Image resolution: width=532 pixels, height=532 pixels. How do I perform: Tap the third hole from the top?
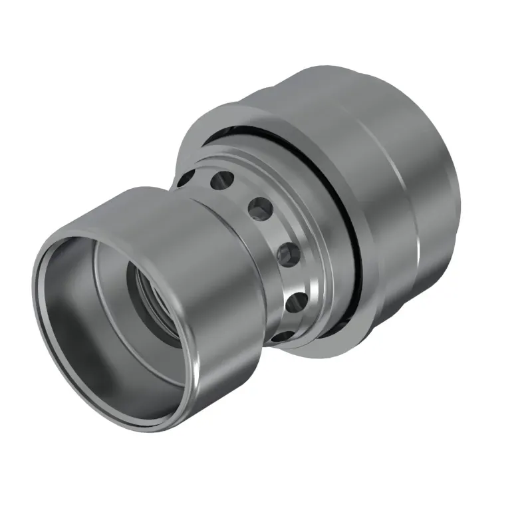259,207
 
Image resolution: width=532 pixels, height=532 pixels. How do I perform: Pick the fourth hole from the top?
286,253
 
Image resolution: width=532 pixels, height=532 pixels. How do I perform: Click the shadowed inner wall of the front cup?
73,332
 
